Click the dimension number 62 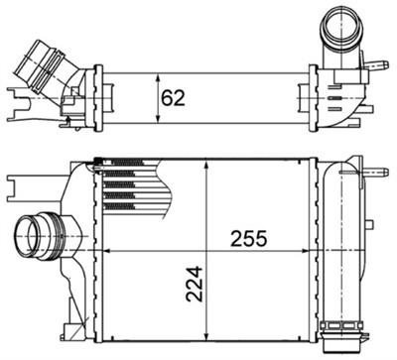pos(175,98)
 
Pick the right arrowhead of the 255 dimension pos(315,252)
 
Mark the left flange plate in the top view pos(97,97)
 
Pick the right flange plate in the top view pos(314,97)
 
